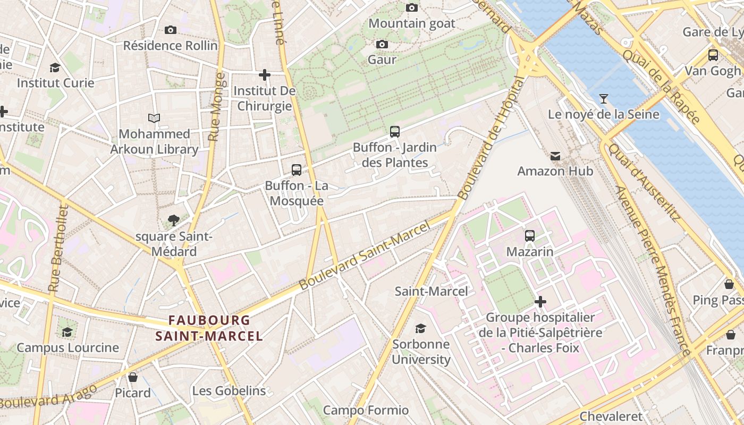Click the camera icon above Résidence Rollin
170,30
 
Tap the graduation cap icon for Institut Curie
55,67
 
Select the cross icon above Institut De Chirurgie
264,75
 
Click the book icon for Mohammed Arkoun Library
154,118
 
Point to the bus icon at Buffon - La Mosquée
297,170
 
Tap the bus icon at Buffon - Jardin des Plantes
394,131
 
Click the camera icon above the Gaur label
382,44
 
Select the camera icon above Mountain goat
411,7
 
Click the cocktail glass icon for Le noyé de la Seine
603,98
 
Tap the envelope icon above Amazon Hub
555,156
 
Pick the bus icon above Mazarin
529,235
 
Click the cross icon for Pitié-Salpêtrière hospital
540,302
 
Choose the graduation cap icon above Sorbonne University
420,328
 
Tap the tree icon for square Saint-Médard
173,220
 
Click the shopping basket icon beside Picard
133,377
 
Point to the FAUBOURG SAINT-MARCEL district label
209,328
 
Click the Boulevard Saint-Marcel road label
364,256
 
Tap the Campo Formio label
366,410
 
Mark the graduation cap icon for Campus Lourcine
67,332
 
